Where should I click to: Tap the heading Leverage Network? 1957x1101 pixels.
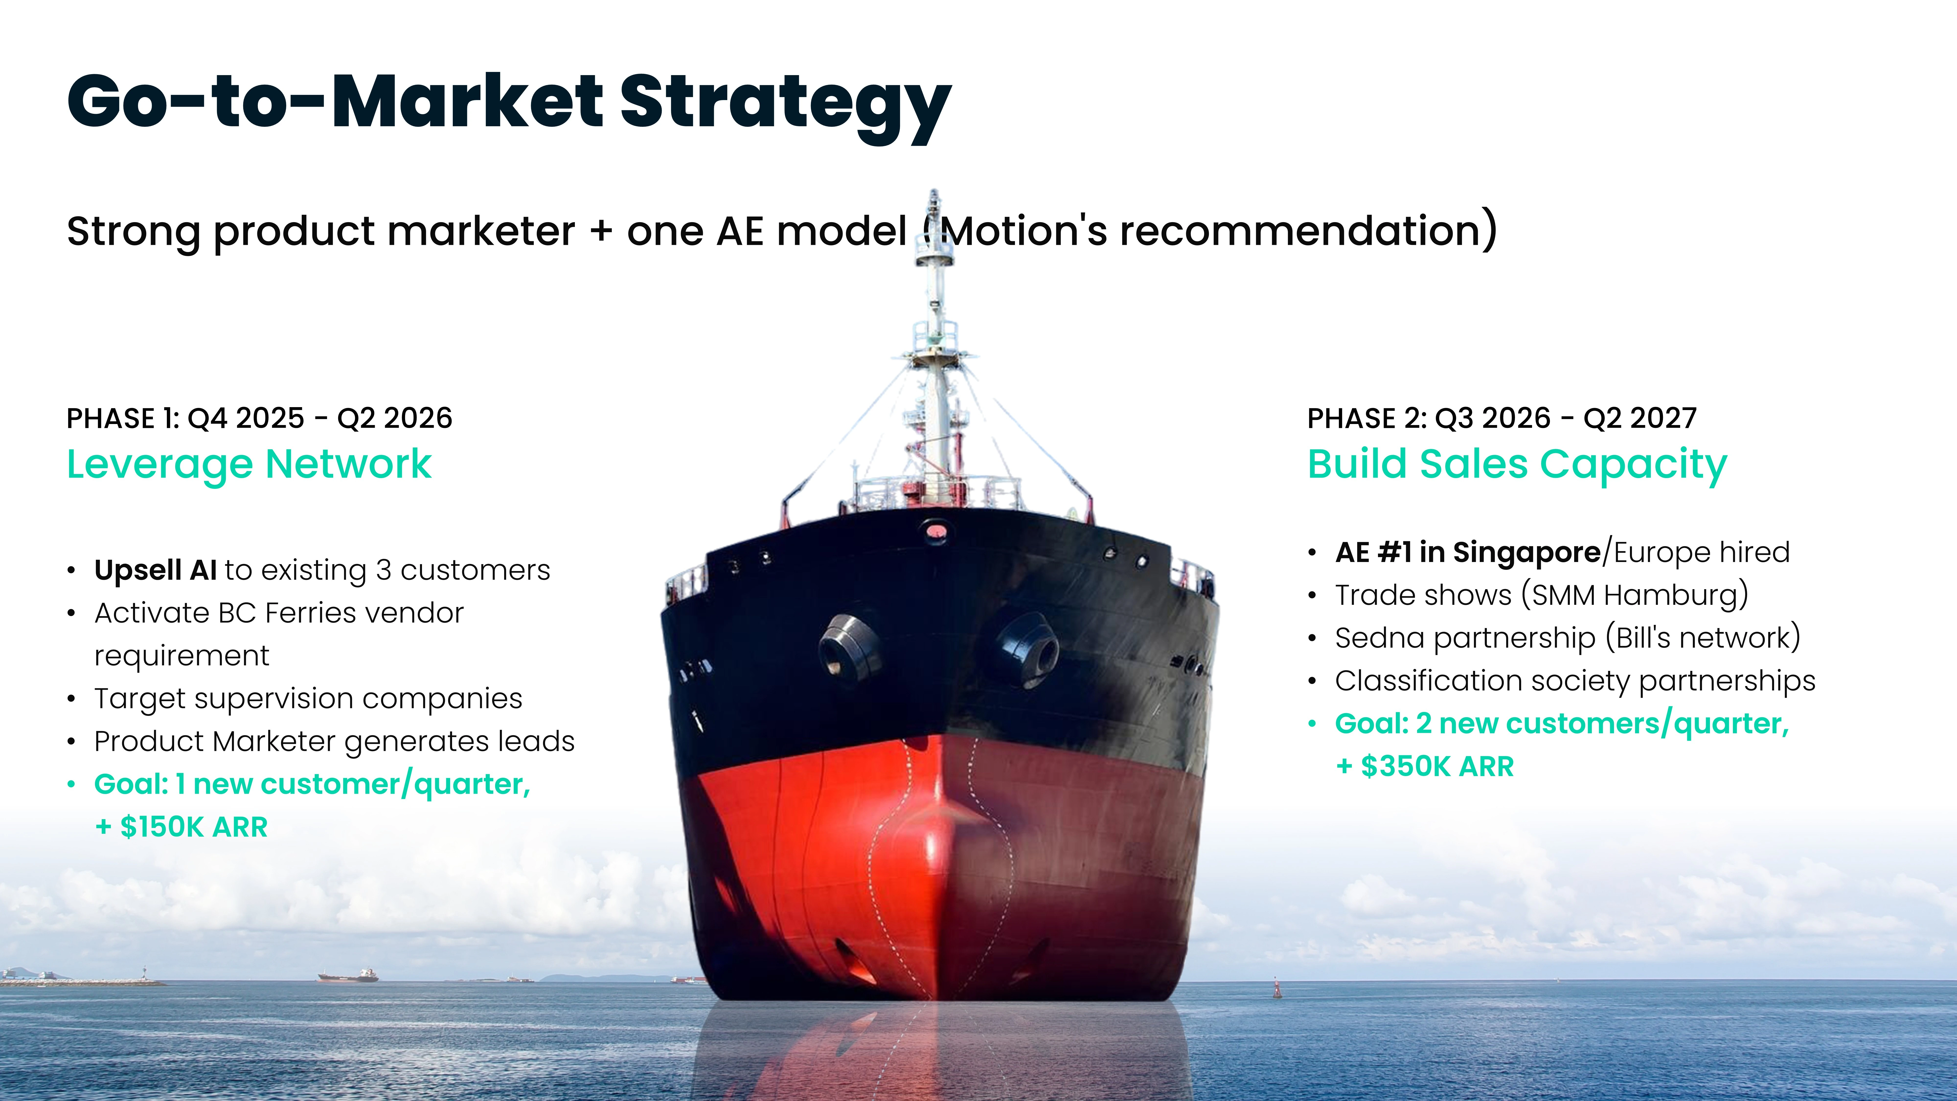coord(249,464)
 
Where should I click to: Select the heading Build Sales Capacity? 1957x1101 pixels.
coord(1517,464)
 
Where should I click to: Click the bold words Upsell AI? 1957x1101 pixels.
coord(156,570)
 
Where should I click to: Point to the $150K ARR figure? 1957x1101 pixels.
coord(194,827)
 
